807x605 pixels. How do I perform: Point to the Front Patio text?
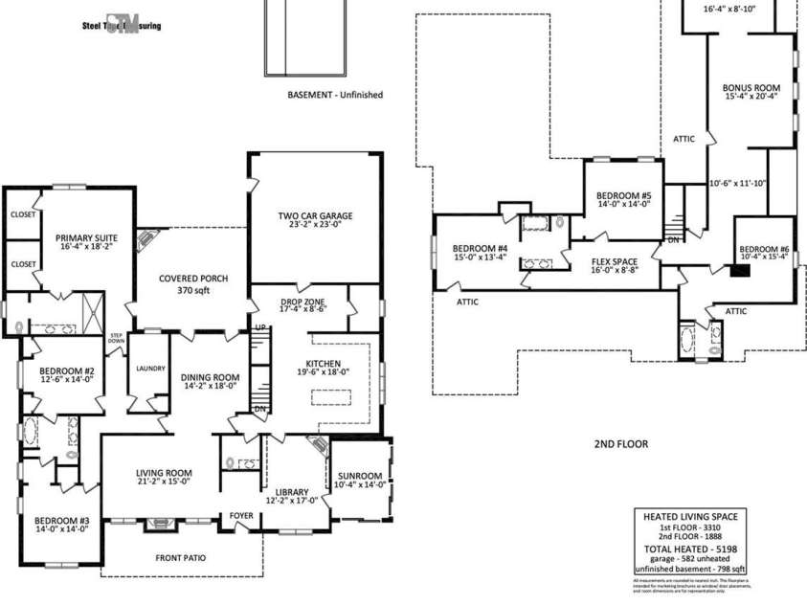[181, 558]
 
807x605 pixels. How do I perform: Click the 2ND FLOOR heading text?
[620, 444]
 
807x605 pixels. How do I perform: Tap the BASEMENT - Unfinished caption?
[335, 95]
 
